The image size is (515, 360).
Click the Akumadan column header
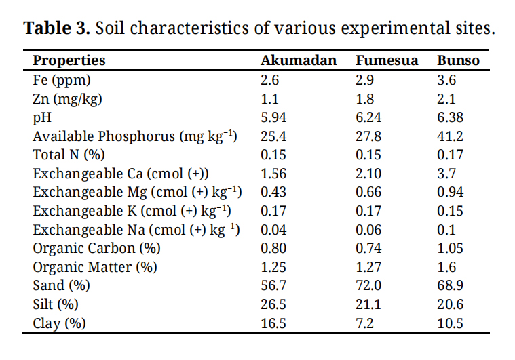tap(299, 60)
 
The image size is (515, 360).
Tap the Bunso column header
tap(458, 60)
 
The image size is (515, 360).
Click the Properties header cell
tap(69, 60)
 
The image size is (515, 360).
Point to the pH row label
tap(42, 117)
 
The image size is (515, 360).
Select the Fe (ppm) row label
tap(62, 80)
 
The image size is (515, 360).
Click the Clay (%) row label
tap(60, 323)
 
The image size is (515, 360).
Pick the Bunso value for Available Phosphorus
tap(450, 136)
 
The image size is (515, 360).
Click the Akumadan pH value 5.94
tap(273, 117)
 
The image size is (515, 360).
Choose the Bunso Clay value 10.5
tap(450, 323)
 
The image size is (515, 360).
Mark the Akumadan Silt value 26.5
tap(273, 304)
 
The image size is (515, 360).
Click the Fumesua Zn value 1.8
tap(365, 99)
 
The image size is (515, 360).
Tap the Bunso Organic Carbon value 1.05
tap(450, 248)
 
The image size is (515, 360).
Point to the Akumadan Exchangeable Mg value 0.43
tap(273, 192)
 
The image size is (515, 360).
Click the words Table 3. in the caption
tap(58, 28)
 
